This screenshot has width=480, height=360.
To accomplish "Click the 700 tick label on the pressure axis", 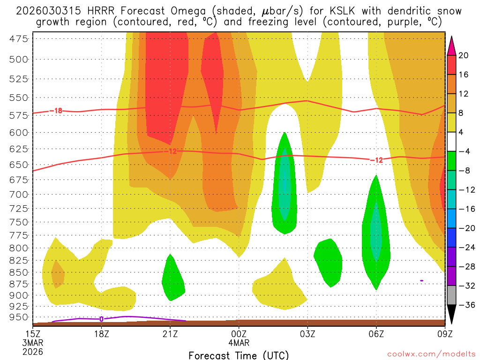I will pos(18,194).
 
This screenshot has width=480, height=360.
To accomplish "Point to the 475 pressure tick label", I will pos(18,39).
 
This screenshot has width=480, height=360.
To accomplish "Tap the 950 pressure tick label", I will pos(18,317).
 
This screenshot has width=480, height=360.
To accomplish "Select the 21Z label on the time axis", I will pos(170,334).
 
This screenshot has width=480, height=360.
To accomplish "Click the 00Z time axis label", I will pos(239,334).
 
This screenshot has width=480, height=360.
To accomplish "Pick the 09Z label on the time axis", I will pos(444,334).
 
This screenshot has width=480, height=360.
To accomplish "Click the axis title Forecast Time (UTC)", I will pos(239,355).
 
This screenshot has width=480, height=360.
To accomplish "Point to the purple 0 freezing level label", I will pos(101,319).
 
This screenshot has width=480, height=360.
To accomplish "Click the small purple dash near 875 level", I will pos(422,280).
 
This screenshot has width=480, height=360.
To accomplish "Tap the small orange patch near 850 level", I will pos(57,274).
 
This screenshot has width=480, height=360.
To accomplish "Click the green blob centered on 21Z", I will pos(172,278).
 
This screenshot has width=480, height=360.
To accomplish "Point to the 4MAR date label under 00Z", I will pos(239,343).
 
